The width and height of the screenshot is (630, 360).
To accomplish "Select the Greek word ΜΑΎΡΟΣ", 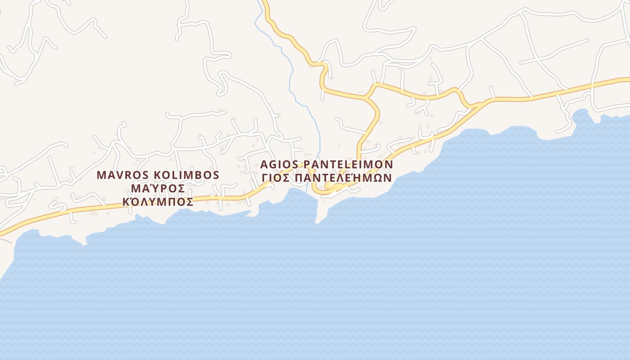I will coord(157,188).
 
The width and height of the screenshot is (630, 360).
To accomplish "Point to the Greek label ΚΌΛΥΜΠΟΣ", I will coord(158,202).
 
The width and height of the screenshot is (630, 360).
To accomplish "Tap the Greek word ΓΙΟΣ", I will coord(275,178).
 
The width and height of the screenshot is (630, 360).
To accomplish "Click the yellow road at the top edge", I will coord(265,4).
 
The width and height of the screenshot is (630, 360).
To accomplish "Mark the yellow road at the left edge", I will coord(3,233).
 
